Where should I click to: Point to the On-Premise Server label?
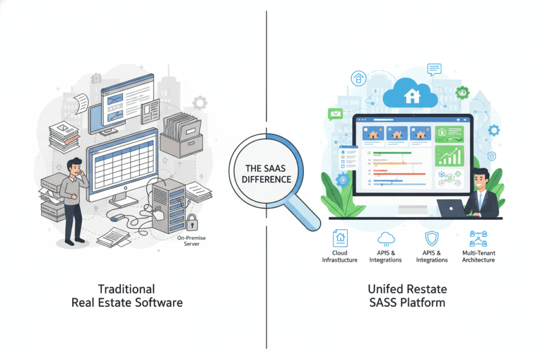tap(192, 240)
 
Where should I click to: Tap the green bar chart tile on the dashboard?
tap(449, 155)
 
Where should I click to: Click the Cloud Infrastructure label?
tap(340, 256)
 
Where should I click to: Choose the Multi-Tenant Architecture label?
tap(479, 256)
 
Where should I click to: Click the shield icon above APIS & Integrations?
tap(432, 238)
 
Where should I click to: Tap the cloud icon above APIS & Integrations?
tap(385, 238)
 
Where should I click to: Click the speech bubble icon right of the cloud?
tap(434, 69)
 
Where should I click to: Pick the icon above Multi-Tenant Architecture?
tap(478, 238)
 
